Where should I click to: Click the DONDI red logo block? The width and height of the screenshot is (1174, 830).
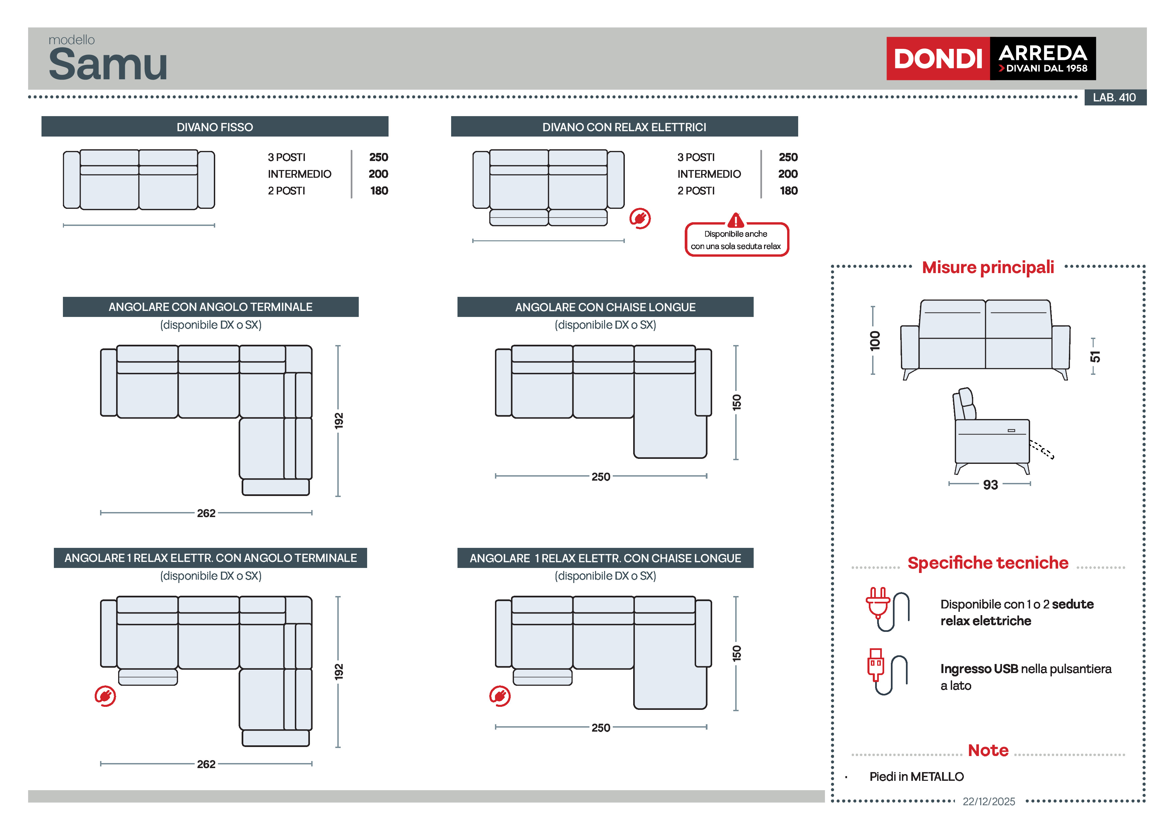[937, 58]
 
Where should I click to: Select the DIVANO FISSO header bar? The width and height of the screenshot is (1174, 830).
[215, 127]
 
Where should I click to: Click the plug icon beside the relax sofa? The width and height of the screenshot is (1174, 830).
[640, 218]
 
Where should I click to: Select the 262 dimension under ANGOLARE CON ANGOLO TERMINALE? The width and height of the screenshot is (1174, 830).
[206, 513]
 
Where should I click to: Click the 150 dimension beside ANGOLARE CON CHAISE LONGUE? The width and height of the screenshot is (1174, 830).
[736, 402]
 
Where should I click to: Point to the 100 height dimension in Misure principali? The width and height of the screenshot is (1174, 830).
[875, 340]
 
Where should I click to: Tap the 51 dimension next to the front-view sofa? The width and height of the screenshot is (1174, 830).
[1094, 356]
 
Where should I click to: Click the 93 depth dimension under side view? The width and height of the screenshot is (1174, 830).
[990, 484]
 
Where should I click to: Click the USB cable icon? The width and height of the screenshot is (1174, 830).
[887, 671]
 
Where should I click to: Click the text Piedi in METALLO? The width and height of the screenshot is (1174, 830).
[916, 776]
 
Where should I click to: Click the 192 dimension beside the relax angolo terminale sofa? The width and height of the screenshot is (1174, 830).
[338, 671]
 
